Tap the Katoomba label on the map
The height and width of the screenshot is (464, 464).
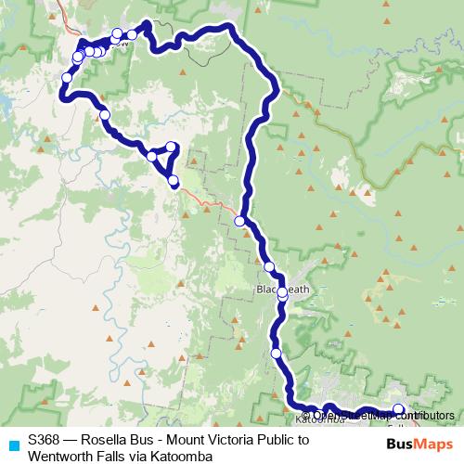(x=316, y=419)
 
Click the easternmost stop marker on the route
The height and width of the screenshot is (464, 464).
(x=399, y=409)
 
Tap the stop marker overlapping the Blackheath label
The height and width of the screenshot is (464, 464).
(x=282, y=292)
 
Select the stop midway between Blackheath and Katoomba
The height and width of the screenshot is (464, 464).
(x=276, y=353)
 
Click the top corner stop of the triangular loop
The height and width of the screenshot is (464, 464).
(x=172, y=147)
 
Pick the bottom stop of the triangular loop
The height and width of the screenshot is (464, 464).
(x=173, y=180)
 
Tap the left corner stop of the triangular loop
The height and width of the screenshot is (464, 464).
(x=151, y=156)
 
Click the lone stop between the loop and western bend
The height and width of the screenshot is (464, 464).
(x=104, y=115)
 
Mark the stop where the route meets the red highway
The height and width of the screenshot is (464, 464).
(x=239, y=221)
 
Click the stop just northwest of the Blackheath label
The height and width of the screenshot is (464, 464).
(x=269, y=267)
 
